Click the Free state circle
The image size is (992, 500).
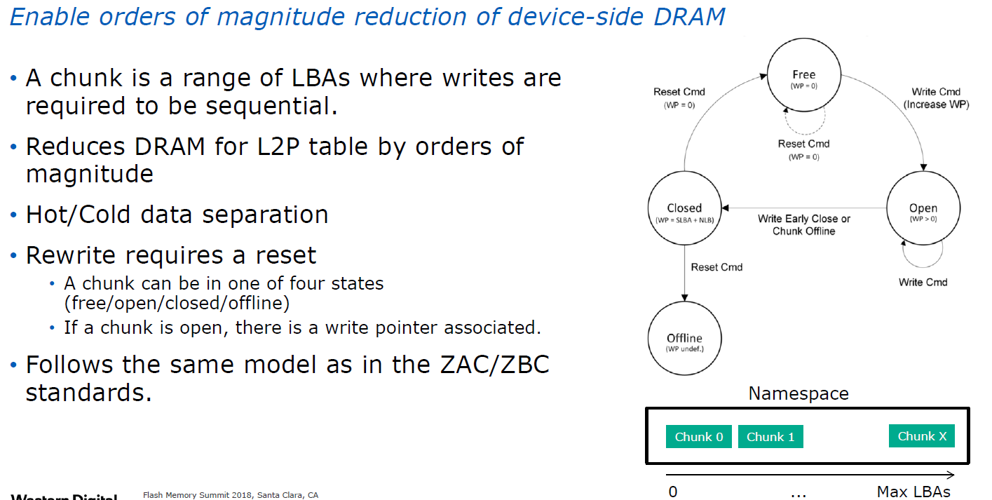pyautogui.click(x=803, y=79)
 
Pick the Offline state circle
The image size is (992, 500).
pyautogui.click(x=684, y=342)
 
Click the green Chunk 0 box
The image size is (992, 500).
pyautogui.click(x=699, y=437)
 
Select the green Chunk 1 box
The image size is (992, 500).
pyautogui.click(x=770, y=437)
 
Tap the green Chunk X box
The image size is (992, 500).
pyautogui.click(x=922, y=436)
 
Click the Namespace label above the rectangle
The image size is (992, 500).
pyautogui.click(x=799, y=393)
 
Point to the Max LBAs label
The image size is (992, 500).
pyautogui.click(x=913, y=491)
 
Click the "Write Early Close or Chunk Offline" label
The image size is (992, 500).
pyautogui.click(x=804, y=224)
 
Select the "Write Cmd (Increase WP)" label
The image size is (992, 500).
pyautogui.click(x=936, y=97)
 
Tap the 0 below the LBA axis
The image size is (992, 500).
pyautogui.click(x=673, y=491)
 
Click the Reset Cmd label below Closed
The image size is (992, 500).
pyautogui.click(x=716, y=267)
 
